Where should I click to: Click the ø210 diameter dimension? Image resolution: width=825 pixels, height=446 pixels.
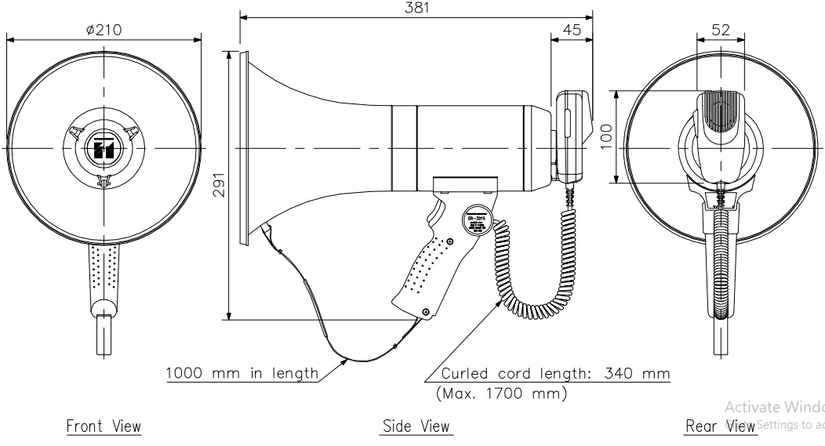click(104, 30)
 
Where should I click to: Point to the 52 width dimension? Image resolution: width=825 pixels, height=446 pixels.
click(721, 30)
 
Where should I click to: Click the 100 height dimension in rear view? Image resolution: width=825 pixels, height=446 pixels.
click(605, 136)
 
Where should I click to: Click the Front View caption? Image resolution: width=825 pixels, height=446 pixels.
click(104, 426)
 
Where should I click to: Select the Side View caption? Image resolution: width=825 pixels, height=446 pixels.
click(416, 426)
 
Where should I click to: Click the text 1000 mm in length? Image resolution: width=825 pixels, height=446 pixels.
click(242, 373)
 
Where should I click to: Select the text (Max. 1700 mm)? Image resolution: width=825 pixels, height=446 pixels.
click(502, 394)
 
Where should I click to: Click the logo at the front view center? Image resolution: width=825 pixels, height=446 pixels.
click(104, 149)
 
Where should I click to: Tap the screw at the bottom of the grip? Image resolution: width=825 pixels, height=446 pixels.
click(425, 312)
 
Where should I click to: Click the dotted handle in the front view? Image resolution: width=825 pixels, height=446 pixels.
click(104, 270)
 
